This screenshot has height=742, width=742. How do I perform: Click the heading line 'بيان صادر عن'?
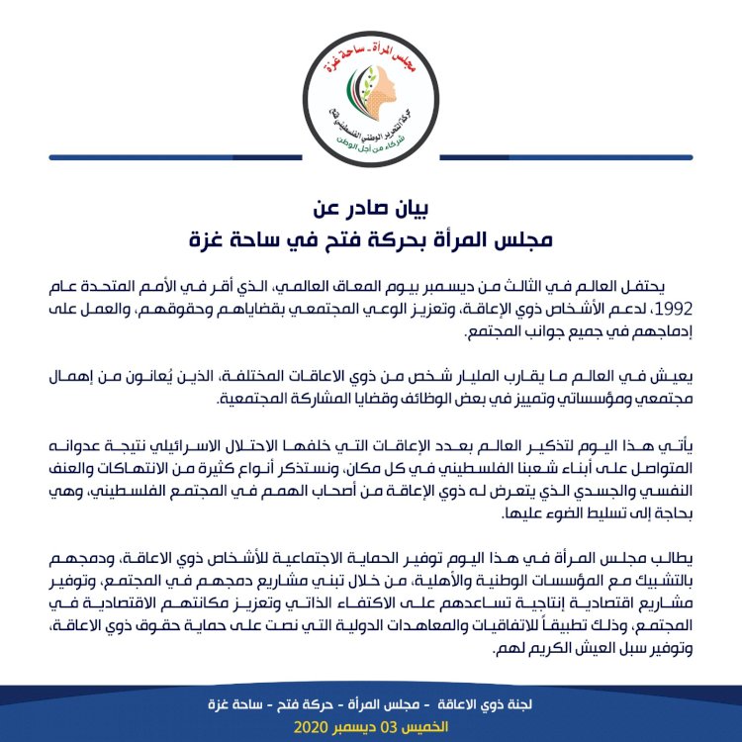pos(370,209)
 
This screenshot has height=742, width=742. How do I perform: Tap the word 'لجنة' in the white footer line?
pos(512,704)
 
